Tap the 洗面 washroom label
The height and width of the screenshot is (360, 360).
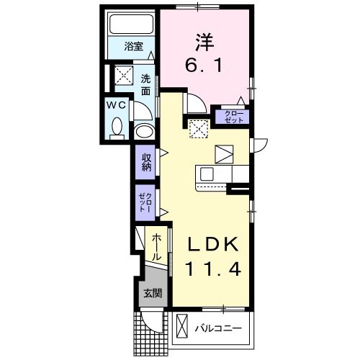tap(145, 84)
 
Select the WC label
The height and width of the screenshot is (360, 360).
tap(117, 105)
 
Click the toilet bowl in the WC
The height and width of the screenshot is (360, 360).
tap(117, 130)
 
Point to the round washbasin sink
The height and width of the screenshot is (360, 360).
tap(144, 132)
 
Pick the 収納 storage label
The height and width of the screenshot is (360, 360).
tap(146, 163)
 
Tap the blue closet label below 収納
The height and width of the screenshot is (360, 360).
tap(145, 201)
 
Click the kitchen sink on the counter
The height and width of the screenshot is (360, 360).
tap(207, 175)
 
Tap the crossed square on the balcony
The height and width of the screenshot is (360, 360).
tap(183, 328)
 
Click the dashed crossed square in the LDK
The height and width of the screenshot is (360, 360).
tap(197, 128)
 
